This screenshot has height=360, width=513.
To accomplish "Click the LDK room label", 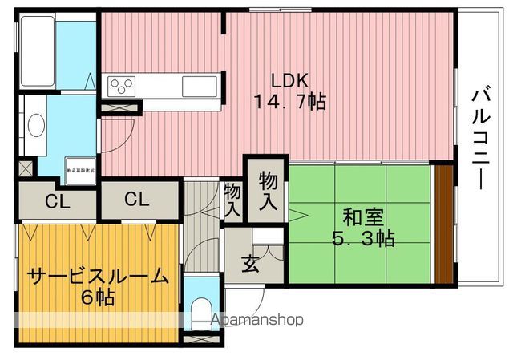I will [289, 81].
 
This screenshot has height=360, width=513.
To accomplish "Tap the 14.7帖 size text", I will [290, 103].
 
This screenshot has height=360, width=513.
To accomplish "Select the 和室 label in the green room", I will [363, 216].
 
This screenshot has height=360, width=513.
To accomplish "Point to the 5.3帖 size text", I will [363, 238].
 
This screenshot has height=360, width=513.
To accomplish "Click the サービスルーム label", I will [98, 277].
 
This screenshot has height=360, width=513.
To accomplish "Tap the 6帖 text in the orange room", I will [98, 297].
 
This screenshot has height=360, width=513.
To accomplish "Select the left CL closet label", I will [57, 200].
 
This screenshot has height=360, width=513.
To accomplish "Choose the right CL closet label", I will [136, 200].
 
